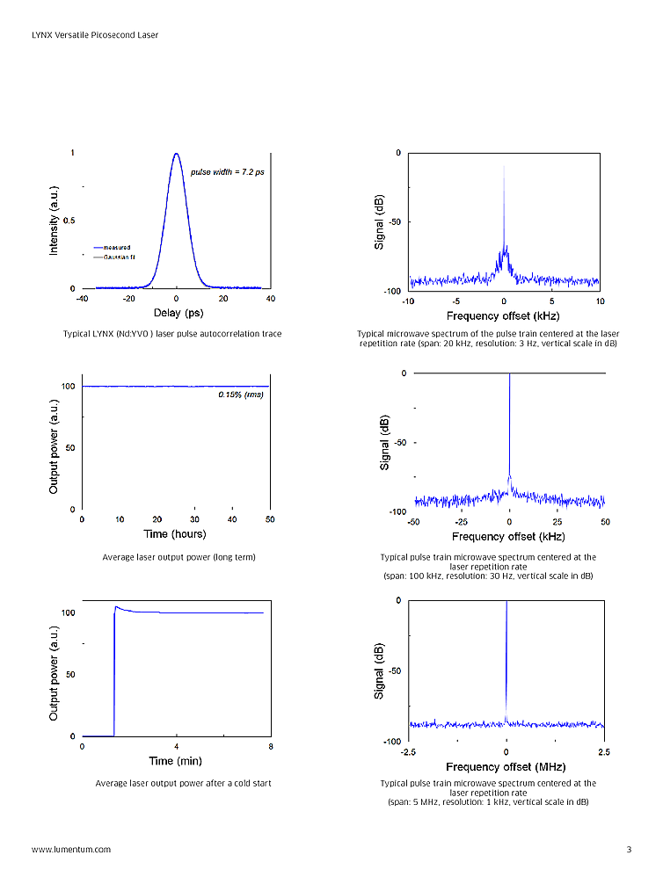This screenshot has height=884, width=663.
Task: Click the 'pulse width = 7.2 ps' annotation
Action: [x=227, y=171]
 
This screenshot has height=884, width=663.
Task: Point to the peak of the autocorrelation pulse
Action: [x=177, y=154]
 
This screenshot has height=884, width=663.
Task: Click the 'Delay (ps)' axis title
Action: [x=178, y=313]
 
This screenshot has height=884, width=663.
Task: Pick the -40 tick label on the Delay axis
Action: [x=82, y=299]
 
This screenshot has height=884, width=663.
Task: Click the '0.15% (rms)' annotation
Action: [x=241, y=394]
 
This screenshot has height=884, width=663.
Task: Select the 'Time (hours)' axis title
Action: [x=176, y=534]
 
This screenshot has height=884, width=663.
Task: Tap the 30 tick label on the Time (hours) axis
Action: [x=194, y=519]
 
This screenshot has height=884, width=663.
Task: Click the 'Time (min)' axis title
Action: [x=173, y=761]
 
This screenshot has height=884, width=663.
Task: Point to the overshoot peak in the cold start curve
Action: [x=116, y=606]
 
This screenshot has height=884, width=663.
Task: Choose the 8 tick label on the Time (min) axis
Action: [x=270, y=747]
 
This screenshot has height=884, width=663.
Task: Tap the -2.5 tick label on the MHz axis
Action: [x=409, y=753]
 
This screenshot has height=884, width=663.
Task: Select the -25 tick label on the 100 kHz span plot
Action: [x=462, y=522]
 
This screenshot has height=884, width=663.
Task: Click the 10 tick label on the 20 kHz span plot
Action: [x=600, y=301]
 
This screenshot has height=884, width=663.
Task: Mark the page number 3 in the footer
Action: [x=629, y=850]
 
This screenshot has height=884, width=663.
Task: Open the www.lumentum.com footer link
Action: [x=71, y=850]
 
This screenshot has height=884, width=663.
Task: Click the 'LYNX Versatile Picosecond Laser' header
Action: [x=95, y=35]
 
